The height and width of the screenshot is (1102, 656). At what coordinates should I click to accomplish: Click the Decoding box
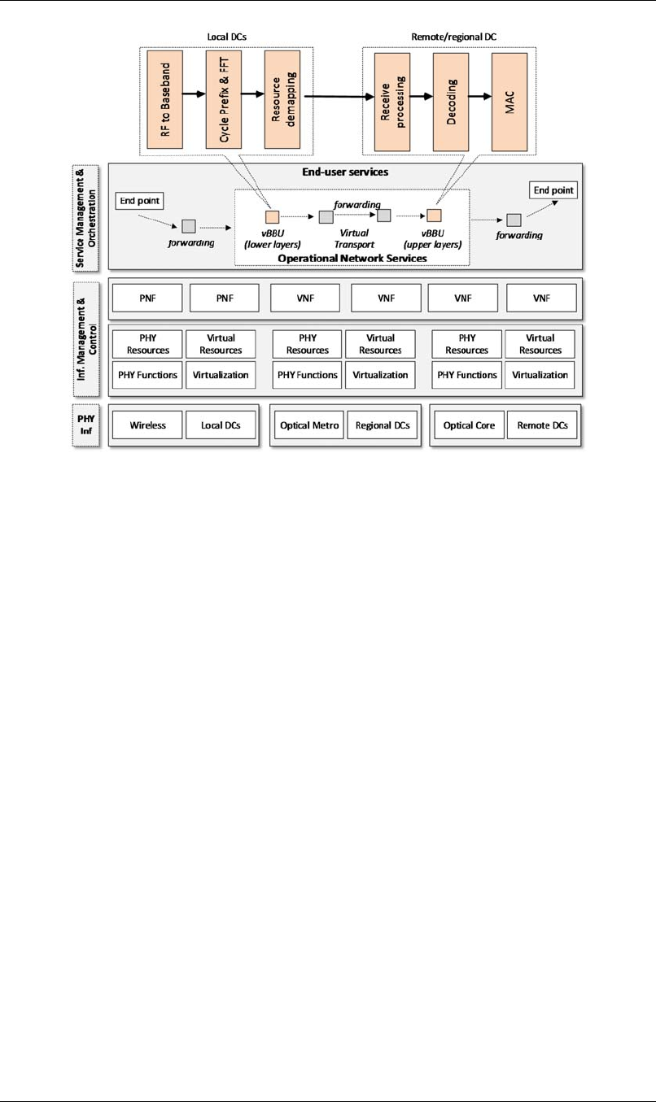click(x=450, y=102)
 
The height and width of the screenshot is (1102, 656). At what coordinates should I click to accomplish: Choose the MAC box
click(x=510, y=102)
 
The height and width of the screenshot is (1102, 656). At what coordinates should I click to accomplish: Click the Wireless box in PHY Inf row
click(x=147, y=425)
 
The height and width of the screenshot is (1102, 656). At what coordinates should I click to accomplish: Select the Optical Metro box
click(x=308, y=425)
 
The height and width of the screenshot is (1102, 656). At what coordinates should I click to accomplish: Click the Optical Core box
click(x=469, y=425)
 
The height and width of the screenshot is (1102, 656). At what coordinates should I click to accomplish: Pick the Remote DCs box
click(x=543, y=425)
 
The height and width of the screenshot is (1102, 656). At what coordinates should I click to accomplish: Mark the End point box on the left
click(x=139, y=200)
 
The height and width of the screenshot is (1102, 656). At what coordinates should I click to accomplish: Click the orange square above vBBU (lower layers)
click(x=273, y=216)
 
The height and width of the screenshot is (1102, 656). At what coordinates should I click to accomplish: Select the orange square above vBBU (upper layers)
click(x=434, y=216)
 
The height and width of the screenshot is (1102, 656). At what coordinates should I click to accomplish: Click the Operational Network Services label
click(x=352, y=257)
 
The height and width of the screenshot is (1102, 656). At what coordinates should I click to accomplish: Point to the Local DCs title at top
click(x=221, y=37)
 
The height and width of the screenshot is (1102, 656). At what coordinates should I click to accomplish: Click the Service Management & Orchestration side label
click(x=88, y=216)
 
